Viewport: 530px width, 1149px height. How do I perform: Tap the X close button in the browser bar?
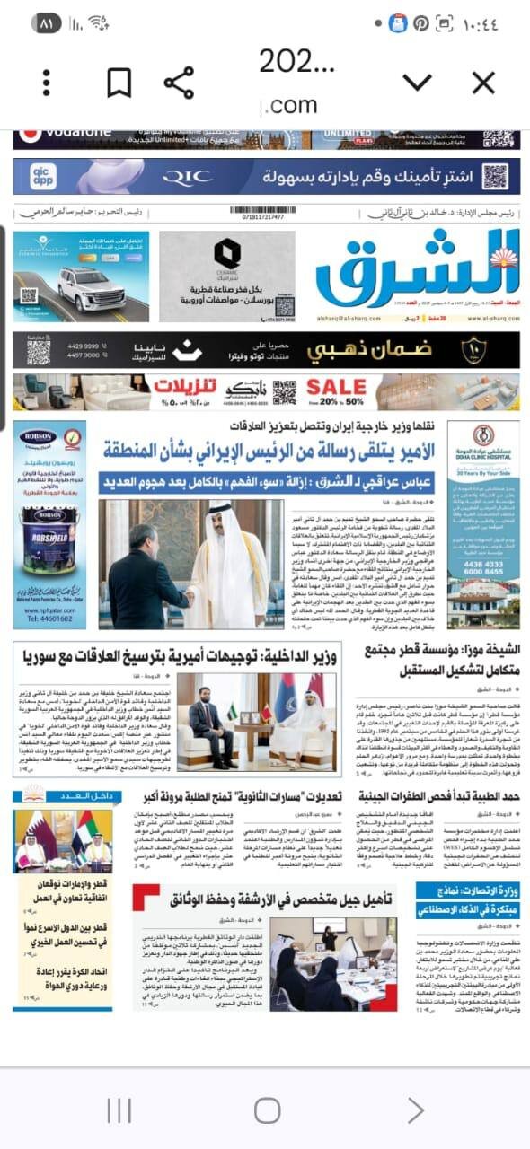pyautogui.click(x=483, y=83)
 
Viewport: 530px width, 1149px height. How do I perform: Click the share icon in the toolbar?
pyautogui.click(x=179, y=83)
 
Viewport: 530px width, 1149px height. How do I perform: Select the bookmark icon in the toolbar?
pyautogui.click(x=119, y=83)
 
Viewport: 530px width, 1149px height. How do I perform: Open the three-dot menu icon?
pyautogui.click(x=47, y=83)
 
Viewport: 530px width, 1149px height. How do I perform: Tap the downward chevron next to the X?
pyautogui.click(x=417, y=83)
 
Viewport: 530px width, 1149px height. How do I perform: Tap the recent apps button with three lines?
pyautogui.click(x=119, y=1110)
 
